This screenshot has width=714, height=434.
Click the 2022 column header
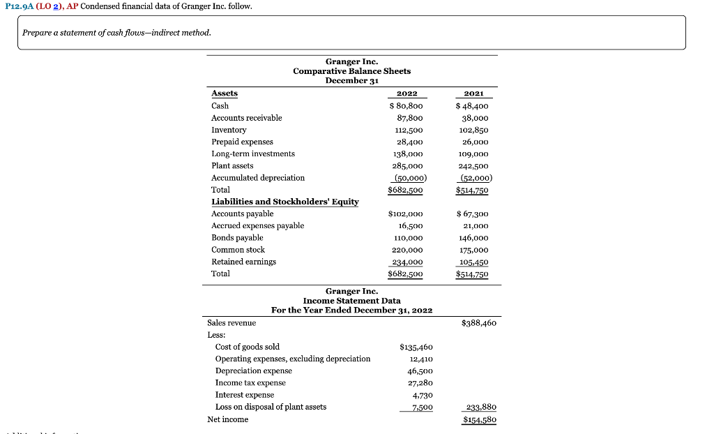[407, 93]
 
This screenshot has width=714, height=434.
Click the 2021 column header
[473, 93]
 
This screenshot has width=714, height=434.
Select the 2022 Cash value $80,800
[406, 106]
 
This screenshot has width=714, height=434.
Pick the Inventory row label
[229, 130]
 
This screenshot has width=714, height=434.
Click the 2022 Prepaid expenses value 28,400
[409, 142]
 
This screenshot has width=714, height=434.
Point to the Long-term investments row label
[252, 154]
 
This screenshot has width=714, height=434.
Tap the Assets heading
[224, 93]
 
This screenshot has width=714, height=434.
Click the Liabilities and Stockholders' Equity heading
[284, 202]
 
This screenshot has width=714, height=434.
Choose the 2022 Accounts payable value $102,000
[406, 214]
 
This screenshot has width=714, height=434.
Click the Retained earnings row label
[243, 262]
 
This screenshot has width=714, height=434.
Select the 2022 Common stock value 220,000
[408, 250]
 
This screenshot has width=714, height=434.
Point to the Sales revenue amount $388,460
[478, 323]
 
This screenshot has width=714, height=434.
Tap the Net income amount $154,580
[478, 419]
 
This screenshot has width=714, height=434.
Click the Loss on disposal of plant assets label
[271, 407]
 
